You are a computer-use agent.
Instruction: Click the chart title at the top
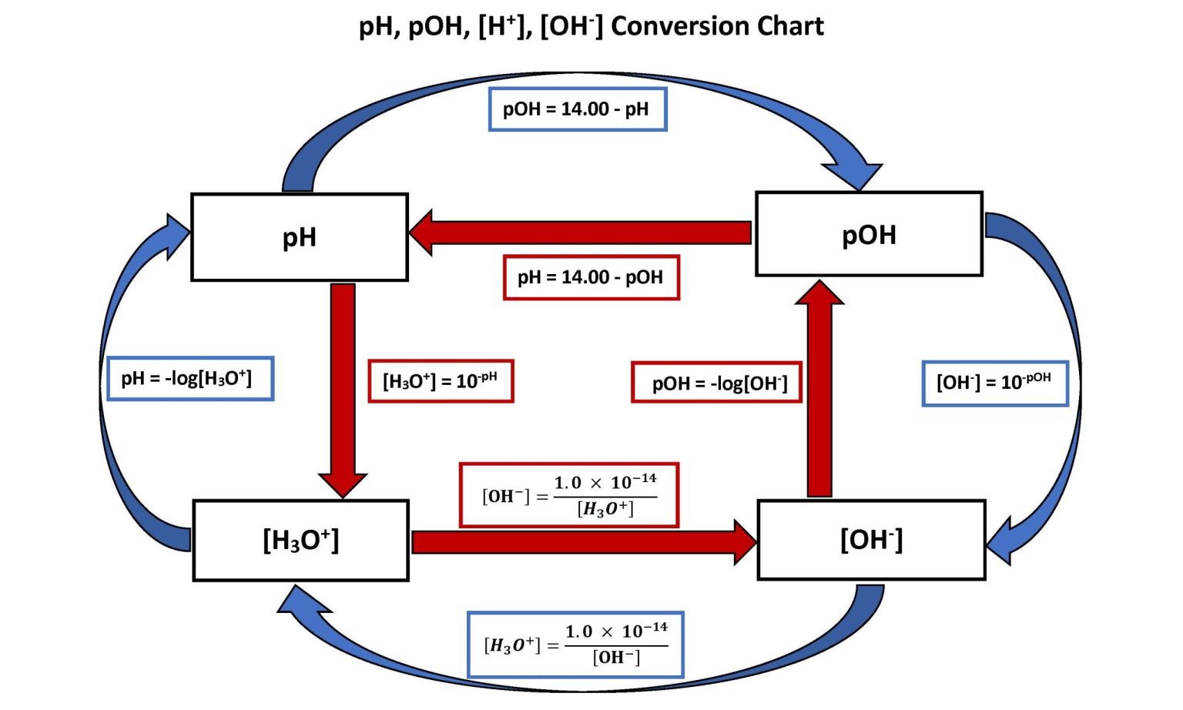591,26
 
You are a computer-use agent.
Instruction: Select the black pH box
299,237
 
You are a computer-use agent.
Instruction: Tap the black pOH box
869,234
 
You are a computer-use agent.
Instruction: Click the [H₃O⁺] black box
300,541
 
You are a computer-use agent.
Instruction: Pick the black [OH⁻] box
871,540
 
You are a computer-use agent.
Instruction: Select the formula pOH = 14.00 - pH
577,109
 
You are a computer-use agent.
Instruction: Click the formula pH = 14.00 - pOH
591,277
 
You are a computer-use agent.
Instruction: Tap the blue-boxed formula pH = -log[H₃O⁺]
189,379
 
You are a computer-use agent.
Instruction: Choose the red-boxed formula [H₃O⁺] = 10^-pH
441,381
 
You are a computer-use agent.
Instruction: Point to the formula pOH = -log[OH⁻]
716,383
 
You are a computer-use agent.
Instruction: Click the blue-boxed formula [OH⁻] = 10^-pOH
994,383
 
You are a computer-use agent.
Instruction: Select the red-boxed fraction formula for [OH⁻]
569,495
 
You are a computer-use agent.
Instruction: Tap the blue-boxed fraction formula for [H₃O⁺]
575,645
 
